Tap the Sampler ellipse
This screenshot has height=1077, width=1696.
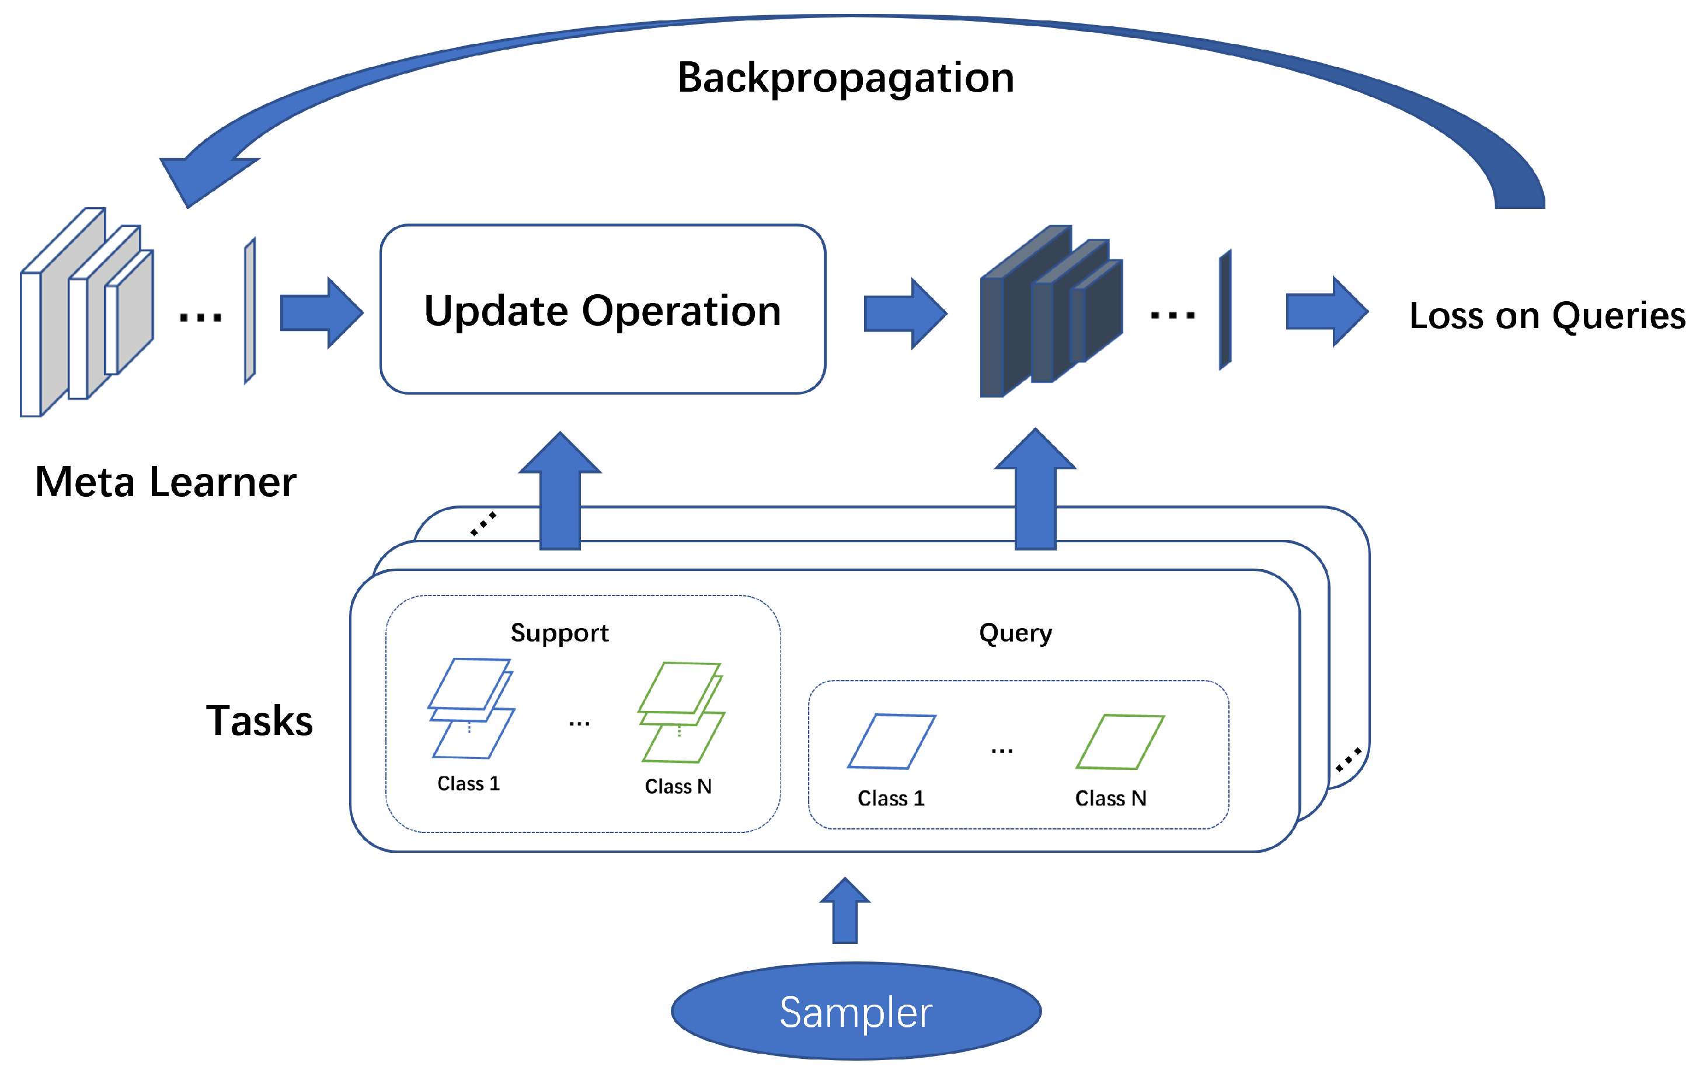pyautogui.click(x=856, y=1012)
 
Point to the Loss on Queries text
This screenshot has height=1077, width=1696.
pyautogui.click(x=1547, y=316)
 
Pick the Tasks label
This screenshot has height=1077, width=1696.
pyautogui.click(x=259, y=720)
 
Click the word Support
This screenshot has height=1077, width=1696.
pyautogui.click(x=559, y=633)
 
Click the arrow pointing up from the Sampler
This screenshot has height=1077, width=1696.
pyautogui.click(x=845, y=910)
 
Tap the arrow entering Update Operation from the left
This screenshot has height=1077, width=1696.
pyautogui.click(x=322, y=313)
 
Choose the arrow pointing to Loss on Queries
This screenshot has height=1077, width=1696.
pyautogui.click(x=1328, y=311)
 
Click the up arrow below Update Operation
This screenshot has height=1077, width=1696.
pyautogui.click(x=560, y=490)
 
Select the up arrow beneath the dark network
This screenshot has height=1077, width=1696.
pyautogui.click(x=1035, y=488)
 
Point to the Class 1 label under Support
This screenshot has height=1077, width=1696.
pyautogui.click(x=468, y=783)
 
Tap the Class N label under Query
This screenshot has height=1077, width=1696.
pyautogui.click(x=1110, y=798)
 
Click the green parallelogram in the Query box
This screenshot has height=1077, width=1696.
pyautogui.click(x=1120, y=742)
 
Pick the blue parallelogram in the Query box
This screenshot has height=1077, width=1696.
pyautogui.click(x=891, y=741)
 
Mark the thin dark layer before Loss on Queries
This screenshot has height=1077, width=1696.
pyautogui.click(x=1225, y=309)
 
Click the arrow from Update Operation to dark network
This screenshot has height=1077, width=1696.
pyautogui.click(x=906, y=313)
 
